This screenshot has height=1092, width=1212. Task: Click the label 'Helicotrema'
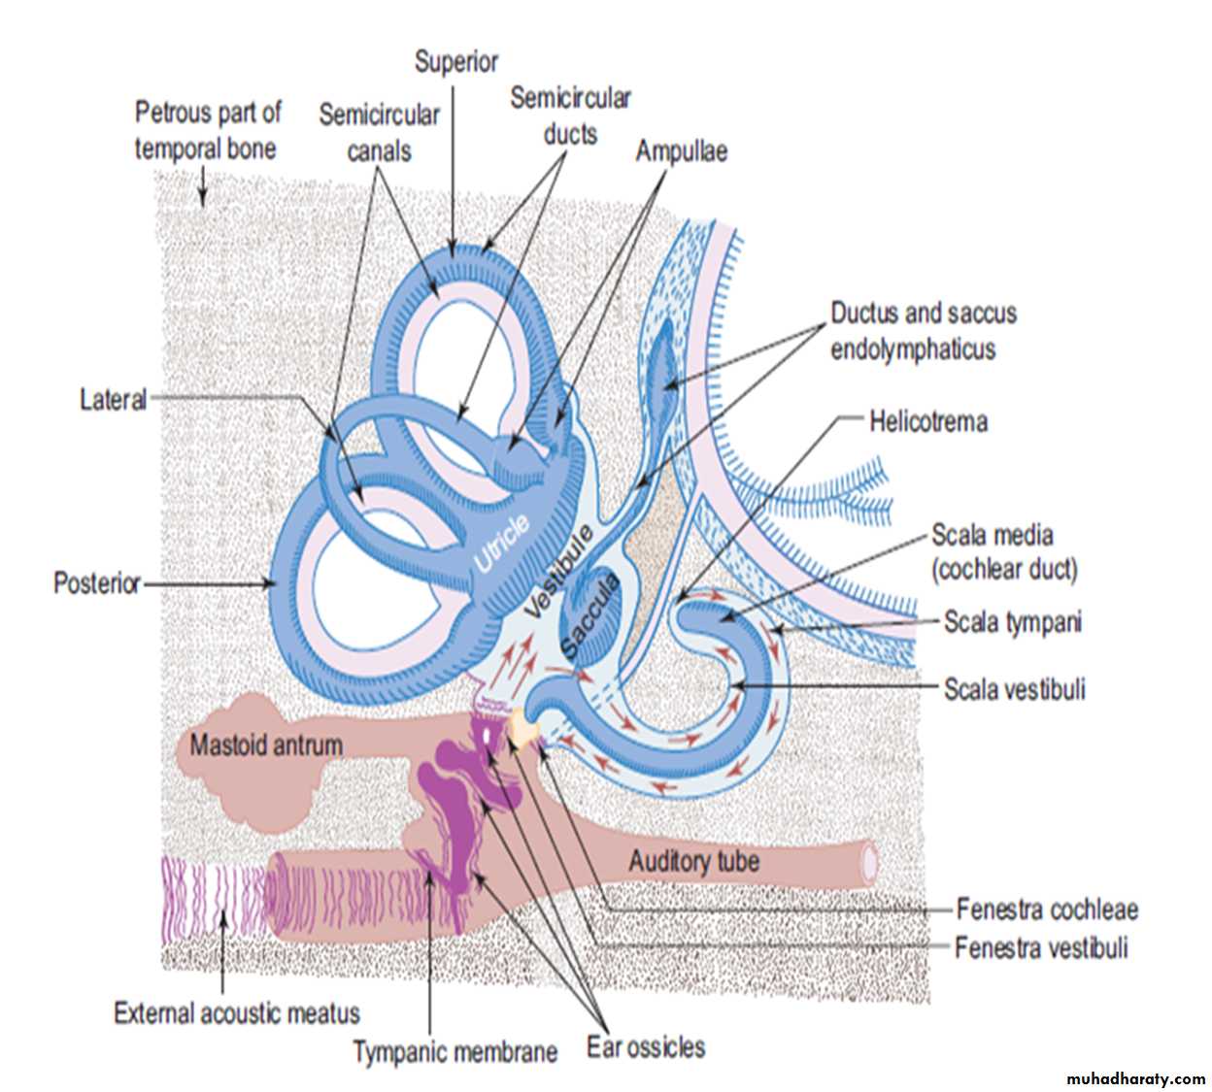(927, 422)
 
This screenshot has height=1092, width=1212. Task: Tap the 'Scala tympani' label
(1012, 622)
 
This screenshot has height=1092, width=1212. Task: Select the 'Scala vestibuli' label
(1015, 690)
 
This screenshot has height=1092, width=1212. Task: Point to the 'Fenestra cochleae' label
(1047, 910)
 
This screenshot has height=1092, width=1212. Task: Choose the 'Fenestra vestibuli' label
(1041, 947)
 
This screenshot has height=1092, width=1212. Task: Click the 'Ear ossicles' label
(646, 1047)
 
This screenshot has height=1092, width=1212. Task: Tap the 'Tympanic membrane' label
(454, 1052)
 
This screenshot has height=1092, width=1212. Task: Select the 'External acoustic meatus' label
(237, 1013)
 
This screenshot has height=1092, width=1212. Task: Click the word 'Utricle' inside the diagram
(501, 544)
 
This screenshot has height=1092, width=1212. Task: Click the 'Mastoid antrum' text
(266, 745)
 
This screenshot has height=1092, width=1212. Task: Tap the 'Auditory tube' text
(693, 861)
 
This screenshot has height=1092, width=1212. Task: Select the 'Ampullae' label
(682, 151)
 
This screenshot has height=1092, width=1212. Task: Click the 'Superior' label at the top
(455, 62)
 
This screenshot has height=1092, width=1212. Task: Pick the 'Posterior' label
(97, 583)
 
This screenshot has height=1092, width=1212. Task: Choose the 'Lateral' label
(113, 399)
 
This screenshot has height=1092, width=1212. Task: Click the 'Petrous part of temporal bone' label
(207, 130)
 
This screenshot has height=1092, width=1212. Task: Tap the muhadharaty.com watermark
(1135, 1078)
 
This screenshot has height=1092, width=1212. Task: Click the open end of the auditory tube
(870, 861)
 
